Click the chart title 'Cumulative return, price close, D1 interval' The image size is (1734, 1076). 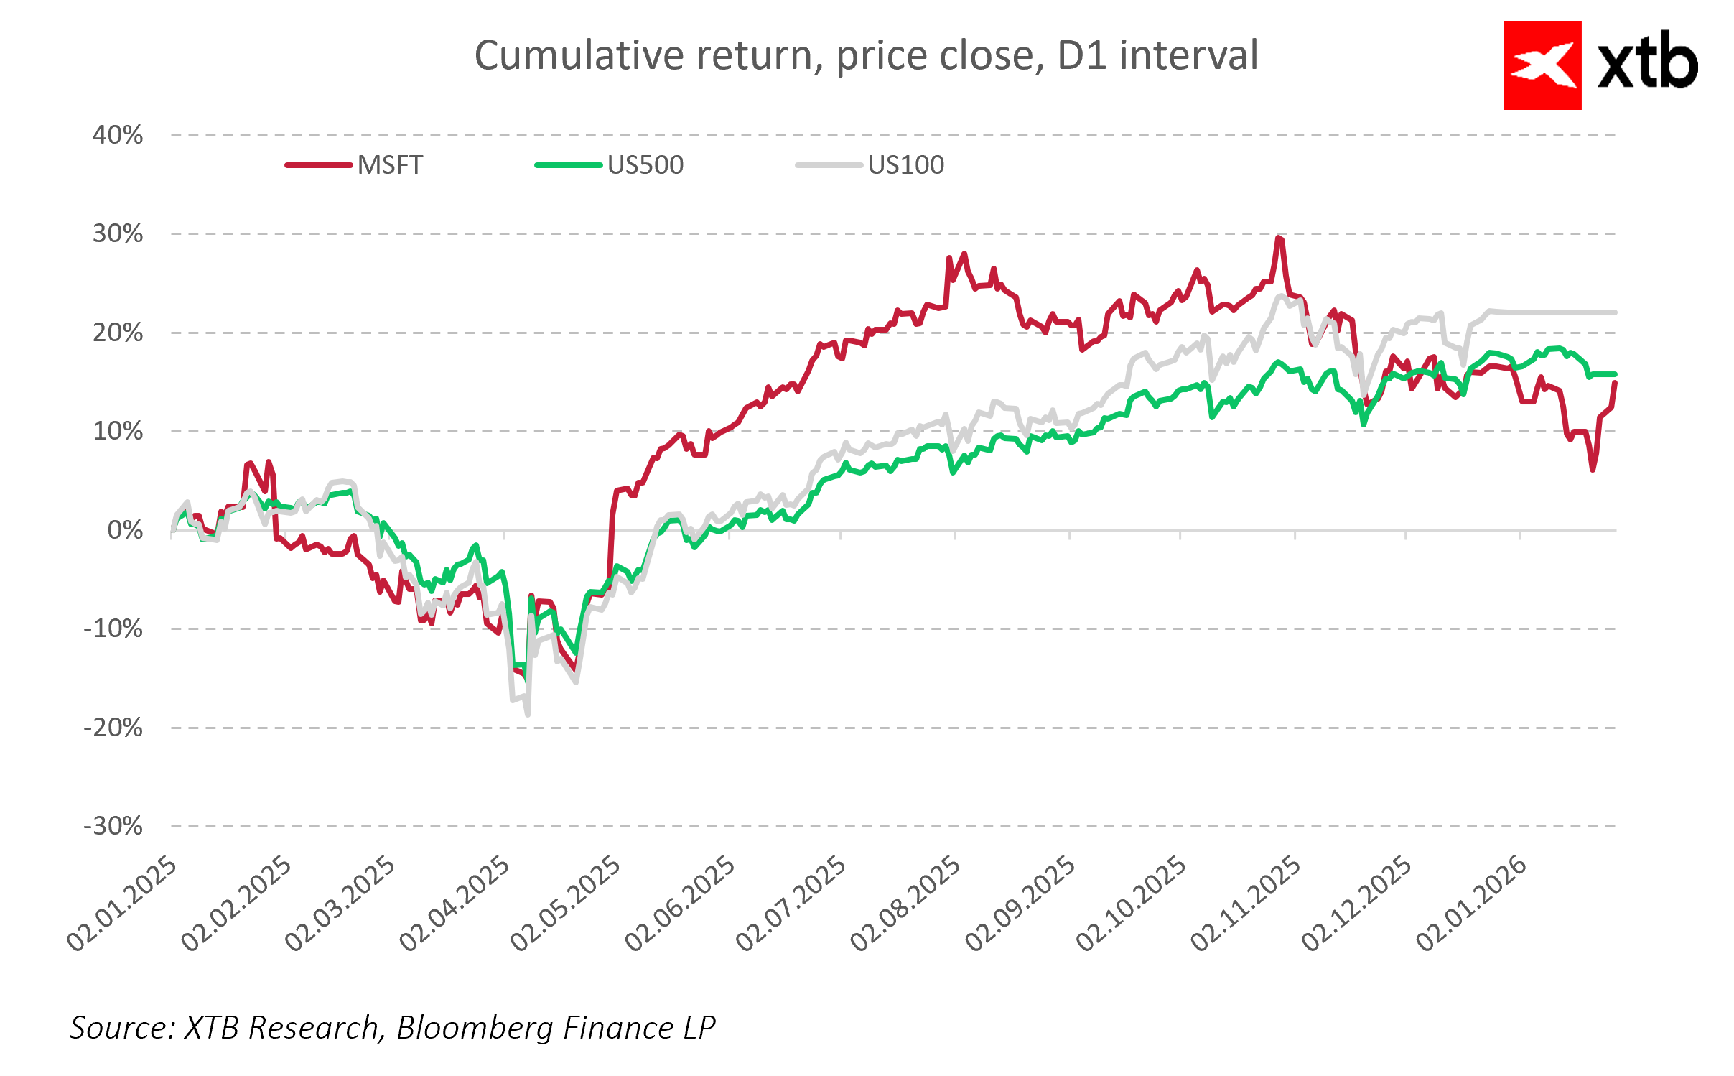click(866, 55)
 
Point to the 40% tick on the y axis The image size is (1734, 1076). click(118, 135)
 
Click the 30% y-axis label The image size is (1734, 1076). click(118, 233)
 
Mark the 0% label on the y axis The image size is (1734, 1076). click(125, 530)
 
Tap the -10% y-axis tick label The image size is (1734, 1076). click(113, 629)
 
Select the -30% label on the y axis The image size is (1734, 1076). click(113, 826)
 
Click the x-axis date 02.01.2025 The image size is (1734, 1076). click(122, 904)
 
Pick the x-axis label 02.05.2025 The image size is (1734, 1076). click(566, 904)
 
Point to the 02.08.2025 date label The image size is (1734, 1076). click(905, 904)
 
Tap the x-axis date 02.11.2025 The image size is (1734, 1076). click(1246, 904)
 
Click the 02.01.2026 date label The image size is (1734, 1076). click(1471, 904)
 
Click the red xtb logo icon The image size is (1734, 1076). click(1542, 65)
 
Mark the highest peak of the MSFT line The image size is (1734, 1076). click(1279, 238)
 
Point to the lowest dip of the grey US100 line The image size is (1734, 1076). click(528, 714)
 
